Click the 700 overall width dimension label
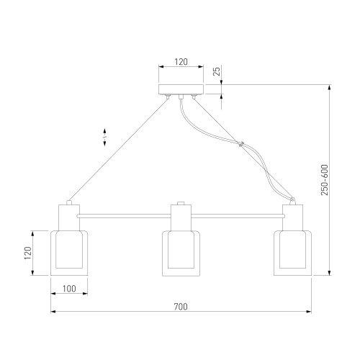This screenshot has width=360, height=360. pos(181,307)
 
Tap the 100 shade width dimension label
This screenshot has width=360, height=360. pos(69,289)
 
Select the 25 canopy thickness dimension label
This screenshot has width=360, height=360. pos(217,71)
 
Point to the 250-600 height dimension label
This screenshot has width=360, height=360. pos(325,180)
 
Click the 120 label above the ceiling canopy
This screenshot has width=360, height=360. pos(181,62)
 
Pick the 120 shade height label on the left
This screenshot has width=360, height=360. pos(27,253)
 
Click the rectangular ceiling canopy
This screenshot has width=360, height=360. pos(181,89)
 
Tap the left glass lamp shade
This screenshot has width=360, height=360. pos(69,253)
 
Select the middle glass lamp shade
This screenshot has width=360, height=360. pos(181,253)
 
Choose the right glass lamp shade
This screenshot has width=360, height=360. pos(293,253)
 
